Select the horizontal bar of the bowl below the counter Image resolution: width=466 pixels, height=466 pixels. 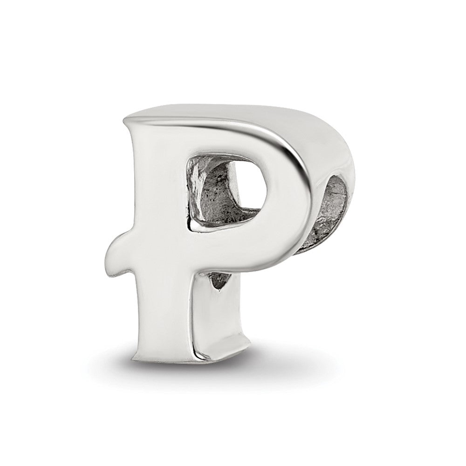[233, 247]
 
